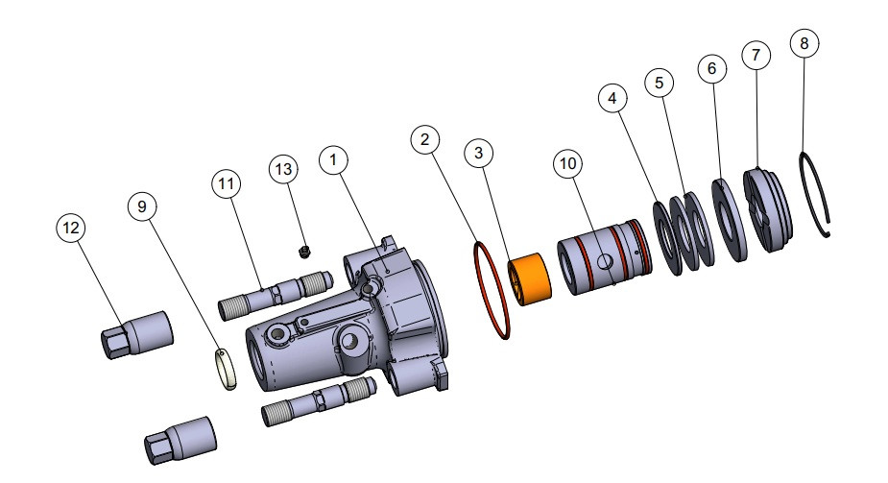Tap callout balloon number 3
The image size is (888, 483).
pos(480,152)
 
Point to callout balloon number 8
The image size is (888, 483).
pos(804,43)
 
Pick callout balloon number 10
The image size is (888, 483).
pos(568,164)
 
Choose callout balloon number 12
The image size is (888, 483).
pos(70,228)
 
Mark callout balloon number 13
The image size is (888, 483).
pos(283,169)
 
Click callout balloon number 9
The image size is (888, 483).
pos(142,205)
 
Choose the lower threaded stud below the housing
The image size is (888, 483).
pos(315,401)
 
